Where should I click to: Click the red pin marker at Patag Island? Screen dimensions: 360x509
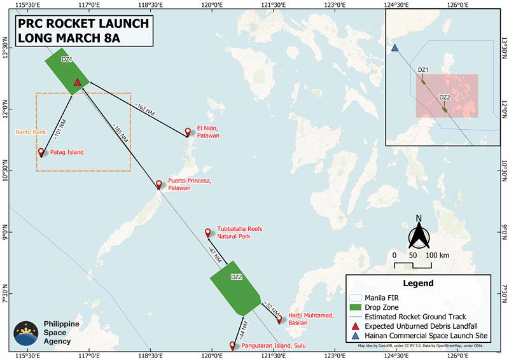click(41, 152)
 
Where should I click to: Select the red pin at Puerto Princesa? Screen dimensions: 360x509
click(159, 184)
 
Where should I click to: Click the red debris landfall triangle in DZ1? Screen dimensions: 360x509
click(78, 82)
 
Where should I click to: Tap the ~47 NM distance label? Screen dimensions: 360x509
click(214, 252)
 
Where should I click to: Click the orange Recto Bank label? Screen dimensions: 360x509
click(27, 133)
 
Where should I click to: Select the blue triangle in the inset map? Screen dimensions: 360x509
click(395, 48)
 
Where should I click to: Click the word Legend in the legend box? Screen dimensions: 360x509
click(418, 283)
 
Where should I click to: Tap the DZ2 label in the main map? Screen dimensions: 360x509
click(236, 277)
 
